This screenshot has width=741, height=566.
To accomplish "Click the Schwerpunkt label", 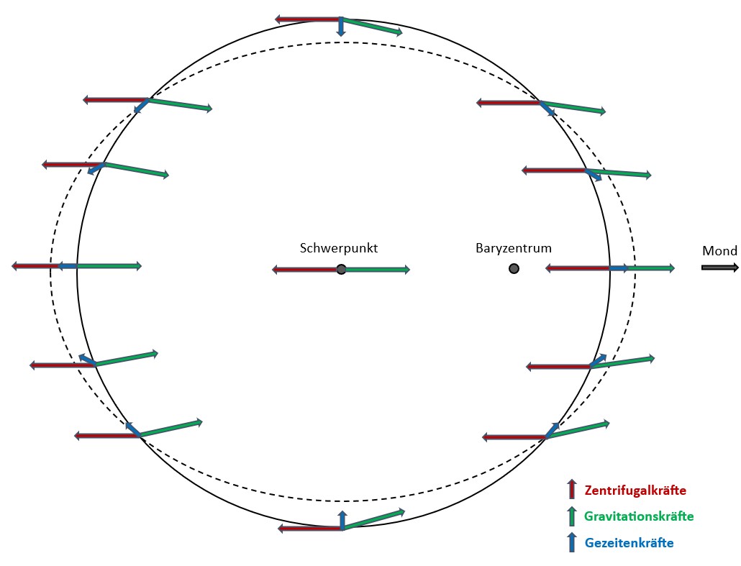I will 338,248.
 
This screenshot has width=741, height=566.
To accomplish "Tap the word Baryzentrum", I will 513,249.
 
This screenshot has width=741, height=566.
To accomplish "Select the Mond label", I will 719,251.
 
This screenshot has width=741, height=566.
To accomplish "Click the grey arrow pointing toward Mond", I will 719,268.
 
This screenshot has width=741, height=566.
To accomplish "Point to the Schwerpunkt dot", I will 341,269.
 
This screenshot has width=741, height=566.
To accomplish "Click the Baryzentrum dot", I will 514,268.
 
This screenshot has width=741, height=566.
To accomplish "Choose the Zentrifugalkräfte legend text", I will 635,490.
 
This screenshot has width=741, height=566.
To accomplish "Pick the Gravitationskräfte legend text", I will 639,516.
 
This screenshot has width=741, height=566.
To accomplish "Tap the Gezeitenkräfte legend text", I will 629,542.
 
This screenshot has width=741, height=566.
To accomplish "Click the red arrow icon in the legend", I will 572,489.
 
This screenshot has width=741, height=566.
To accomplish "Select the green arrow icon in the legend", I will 572,516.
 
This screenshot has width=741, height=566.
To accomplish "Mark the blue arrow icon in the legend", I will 572,542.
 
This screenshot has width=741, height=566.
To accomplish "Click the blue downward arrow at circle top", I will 341,27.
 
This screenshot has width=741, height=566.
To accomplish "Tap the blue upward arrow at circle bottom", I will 342,519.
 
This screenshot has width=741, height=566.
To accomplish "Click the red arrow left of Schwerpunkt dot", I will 306,270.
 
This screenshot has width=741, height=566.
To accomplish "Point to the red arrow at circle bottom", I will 309,529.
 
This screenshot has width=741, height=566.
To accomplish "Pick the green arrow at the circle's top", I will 371,26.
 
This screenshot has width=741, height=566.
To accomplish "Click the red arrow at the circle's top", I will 308,19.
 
